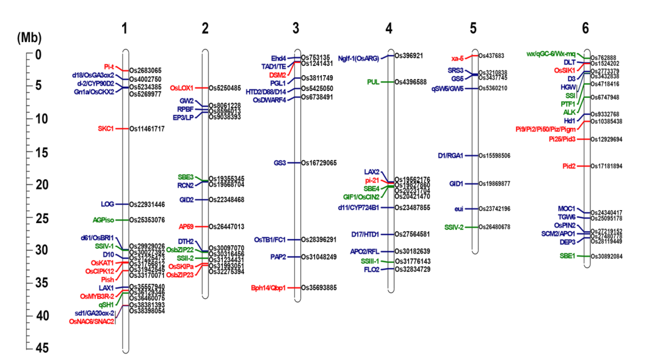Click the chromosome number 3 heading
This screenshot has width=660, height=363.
[296, 28]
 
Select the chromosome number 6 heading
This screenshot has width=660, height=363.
[585, 28]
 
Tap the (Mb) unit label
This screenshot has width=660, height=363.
[29, 37]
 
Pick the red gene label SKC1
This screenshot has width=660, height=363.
[106, 128]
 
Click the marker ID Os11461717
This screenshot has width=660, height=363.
[147, 129]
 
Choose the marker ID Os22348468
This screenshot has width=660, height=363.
[227, 200]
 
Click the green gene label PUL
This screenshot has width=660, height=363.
[373, 81]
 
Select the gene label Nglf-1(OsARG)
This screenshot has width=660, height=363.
[359, 58]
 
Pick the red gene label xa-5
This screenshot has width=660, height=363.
[457, 58]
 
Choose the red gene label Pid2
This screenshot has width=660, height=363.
[568, 166]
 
